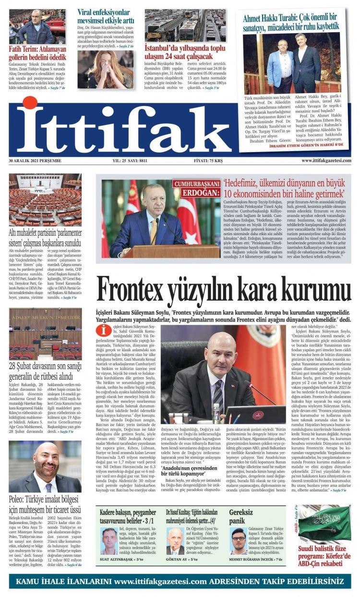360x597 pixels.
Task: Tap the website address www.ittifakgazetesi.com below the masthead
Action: pos(326,161)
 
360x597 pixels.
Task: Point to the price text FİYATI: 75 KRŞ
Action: pos(211,161)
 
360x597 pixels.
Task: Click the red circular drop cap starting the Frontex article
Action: pos(103,331)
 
